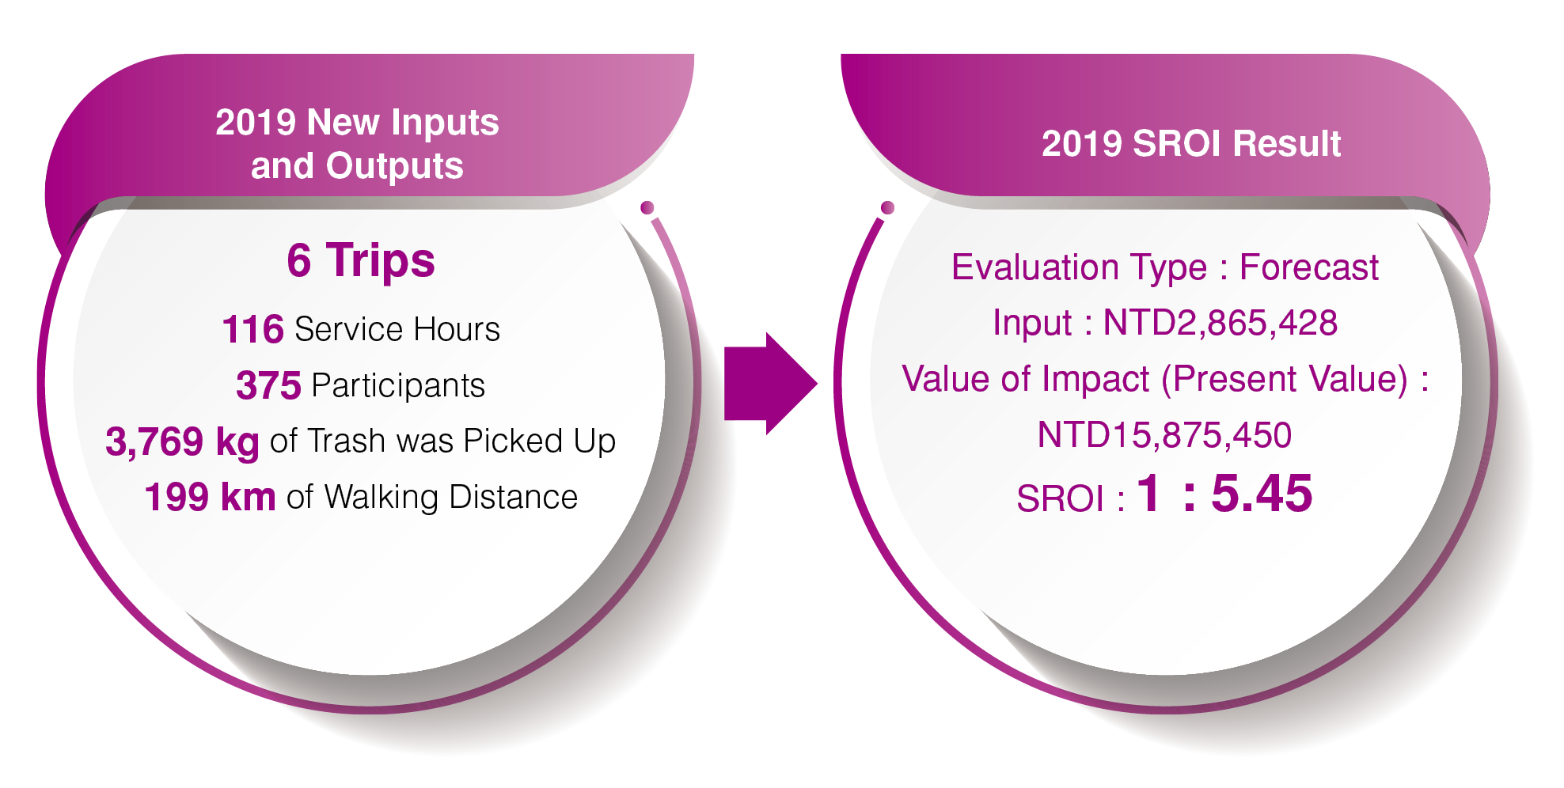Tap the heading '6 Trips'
click(x=361, y=260)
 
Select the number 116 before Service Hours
click(x=252, y=329)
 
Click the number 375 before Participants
click(x=268, y=385)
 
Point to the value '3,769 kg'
click(x=182, y=441)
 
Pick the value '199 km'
click(x=210, y=497)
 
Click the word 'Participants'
click(x=398, y=385)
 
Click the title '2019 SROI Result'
click(x=1191, y=144)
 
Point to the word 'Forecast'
click(x=1309, y=267)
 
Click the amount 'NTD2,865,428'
click(x=1220, y=323)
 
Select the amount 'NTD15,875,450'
click(x=1164, y=435)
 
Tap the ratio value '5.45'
click(x=1262, y=494)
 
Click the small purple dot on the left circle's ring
click(x=647, y=208)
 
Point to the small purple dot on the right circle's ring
click(x=887, y=207)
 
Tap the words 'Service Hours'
click(x=397, y=329)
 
